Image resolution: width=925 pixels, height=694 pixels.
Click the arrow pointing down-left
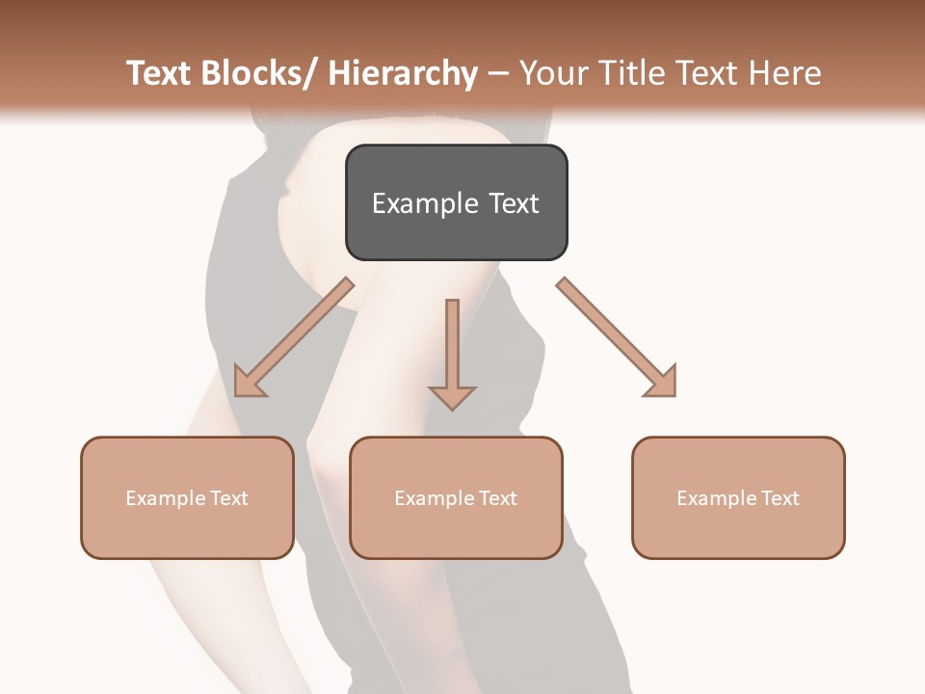tap(294, 337)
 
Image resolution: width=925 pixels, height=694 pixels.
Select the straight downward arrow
tap(452, 352)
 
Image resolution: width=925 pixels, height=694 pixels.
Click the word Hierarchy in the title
tap(403, 74)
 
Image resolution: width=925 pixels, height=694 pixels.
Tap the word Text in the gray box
tap(514, 204)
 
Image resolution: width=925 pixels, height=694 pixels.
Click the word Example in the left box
tap(164, 498)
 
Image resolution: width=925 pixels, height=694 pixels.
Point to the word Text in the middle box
tap(497, 498)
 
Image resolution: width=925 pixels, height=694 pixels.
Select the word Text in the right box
tap(780, 498)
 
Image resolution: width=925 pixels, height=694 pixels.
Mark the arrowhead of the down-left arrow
tap(248, 383)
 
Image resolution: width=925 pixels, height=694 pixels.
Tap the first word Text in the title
tap(160, 74)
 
